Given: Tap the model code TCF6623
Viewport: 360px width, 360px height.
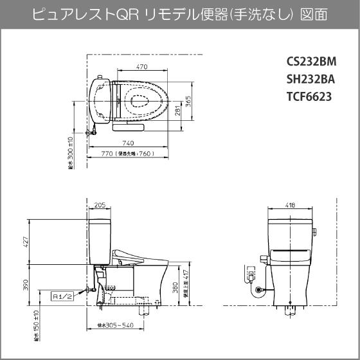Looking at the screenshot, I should point(308,97).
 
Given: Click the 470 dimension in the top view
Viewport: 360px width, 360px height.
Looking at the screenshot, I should point(143,67).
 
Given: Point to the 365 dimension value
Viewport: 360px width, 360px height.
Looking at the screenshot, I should point(189,100).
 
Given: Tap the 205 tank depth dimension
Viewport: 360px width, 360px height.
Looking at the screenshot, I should point(100,206).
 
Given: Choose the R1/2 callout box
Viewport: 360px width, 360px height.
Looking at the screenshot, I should point(64,296).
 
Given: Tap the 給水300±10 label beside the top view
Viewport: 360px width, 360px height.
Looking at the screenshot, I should point(71,154).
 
